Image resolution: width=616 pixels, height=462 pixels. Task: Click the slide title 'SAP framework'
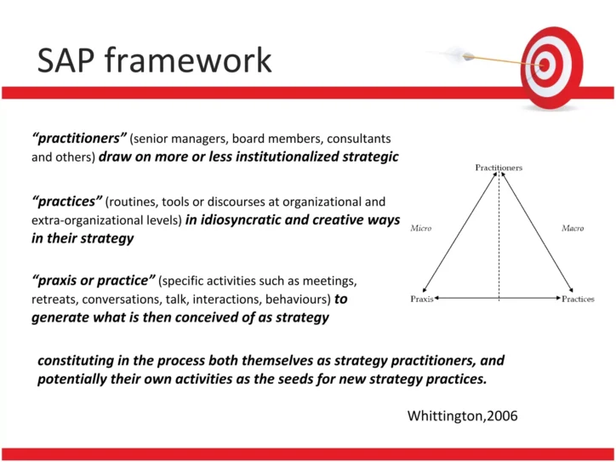coord(154,60)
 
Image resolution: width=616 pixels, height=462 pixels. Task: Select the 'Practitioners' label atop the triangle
coord(499,168)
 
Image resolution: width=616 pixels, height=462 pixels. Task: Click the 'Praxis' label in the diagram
coord(422,299)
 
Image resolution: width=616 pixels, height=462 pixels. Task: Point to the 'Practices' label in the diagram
coord(578,299)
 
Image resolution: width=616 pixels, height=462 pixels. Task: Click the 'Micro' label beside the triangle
coord(421,228)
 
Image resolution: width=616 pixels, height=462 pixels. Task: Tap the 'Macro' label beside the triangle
coord(573,228)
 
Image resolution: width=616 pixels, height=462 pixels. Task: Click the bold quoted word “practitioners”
coord(78,137)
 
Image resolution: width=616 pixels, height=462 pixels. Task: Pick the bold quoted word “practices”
coord(66,202)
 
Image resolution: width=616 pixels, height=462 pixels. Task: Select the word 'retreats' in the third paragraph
coord(54,299)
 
